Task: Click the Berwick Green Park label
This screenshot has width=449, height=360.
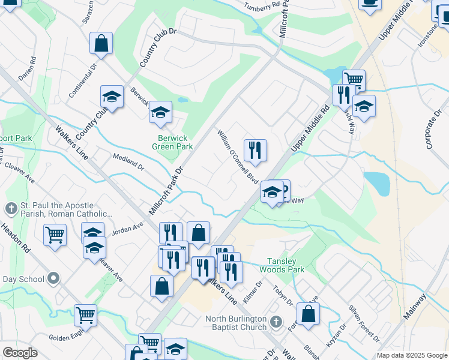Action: pyautogui.click(x=172, y=142)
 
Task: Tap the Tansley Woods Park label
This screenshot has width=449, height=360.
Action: pyautogui.click(x=285, y=265)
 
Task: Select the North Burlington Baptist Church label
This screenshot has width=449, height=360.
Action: pyautogui.click(x=236, y=323)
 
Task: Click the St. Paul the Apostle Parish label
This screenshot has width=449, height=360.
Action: pyautogui.click(x=60, y=209)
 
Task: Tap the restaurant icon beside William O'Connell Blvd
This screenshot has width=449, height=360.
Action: pyautogui.click(x=255, y=150)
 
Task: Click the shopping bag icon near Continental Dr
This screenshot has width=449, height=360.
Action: pyautogui.click(x=101, y=43)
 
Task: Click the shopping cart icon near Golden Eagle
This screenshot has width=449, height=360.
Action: pyautogui.click(x=85, y=314)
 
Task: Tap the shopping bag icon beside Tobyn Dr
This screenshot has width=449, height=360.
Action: pyautogui.click(x=308, y=314)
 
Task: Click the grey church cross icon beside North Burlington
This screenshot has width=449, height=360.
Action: pyautogui.click(x=276, y=322)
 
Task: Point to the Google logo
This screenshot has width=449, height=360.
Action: pyautogui.click(x=19, y=353)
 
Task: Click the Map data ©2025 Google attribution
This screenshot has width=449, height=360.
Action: pyautogui.click(x=411, y=355)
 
